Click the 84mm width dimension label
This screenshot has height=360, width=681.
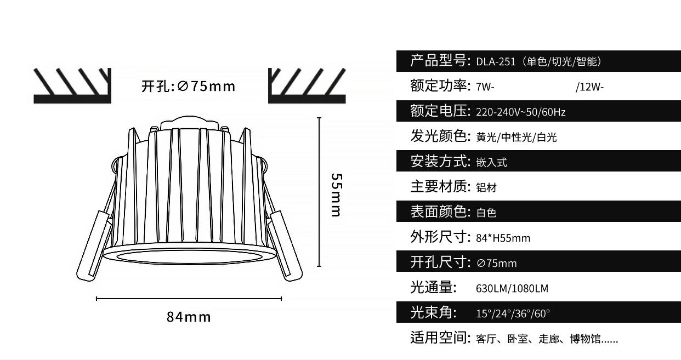pos(189,317)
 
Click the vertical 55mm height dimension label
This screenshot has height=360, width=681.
pos(337,195)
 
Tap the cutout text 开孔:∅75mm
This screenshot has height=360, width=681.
pos(188,86)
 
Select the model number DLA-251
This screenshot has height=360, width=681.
pos(496,62)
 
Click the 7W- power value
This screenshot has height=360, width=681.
pos(485,87)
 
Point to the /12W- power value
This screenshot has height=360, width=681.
pos(590,87)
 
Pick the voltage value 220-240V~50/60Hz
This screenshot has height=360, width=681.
pos(521,112)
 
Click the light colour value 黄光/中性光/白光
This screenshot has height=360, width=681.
pos(516,138)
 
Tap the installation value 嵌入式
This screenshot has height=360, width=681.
pos(491,162)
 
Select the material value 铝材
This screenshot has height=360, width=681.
pos(486,187)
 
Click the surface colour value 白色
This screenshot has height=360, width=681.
pos(486,213)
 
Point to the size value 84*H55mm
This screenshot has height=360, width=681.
pos(503,238)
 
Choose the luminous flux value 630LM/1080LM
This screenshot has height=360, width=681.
pos(512,288)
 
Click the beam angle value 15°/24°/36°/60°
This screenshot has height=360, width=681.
pos(513,313)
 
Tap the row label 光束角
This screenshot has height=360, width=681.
pos(433,312)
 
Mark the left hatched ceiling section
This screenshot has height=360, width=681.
pos(72,85)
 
